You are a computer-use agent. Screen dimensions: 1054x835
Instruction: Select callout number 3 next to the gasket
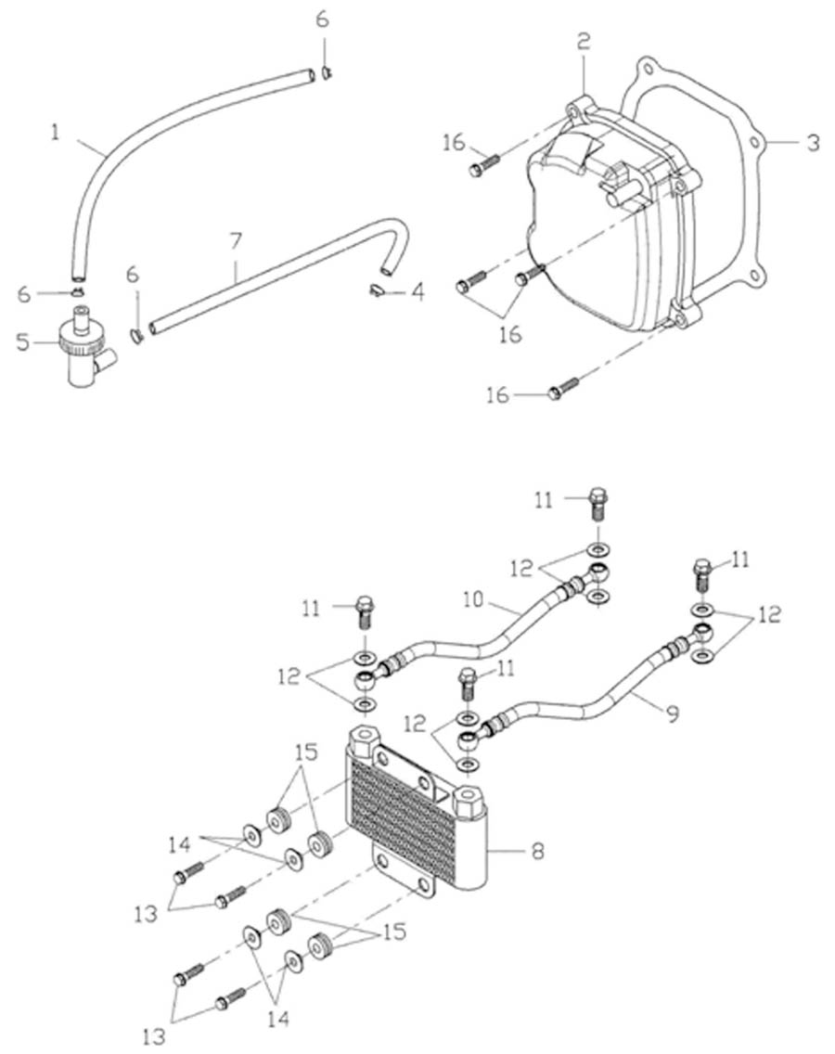click(813, 144)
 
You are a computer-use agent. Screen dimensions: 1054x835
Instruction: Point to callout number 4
click(417, 293)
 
